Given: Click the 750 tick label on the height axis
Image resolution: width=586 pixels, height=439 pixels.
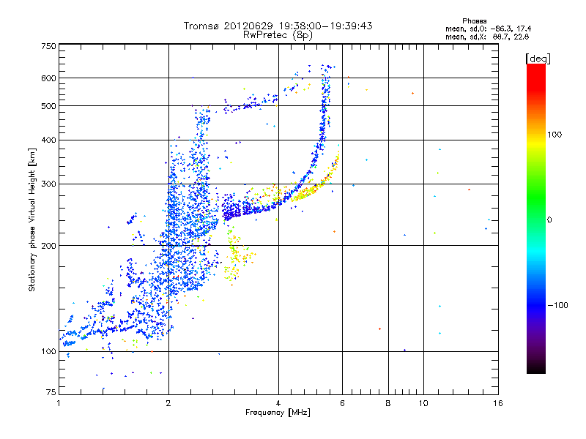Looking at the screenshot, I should click(x=48, y=46).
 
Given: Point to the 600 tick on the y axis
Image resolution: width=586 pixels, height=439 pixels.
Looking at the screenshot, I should click(x=48, y=78).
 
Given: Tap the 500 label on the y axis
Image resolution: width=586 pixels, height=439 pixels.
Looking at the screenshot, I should click(x=48, y=106).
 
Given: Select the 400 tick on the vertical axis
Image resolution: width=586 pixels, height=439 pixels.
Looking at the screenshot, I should click(x=48, y=140).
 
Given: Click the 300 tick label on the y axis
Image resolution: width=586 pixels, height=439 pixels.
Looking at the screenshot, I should click(x=48, y=184).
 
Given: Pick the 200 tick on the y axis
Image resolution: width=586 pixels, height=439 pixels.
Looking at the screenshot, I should click(x=48, y=245).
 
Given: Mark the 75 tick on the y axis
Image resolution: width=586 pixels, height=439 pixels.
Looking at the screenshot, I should click(x=51, y=392).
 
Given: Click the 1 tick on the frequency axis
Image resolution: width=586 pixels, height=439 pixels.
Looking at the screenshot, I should click(x=59, y=402).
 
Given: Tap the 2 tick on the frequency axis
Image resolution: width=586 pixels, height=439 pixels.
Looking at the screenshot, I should click(x=168, y=402).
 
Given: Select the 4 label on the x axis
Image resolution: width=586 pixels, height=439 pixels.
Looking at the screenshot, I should click(x=278, y=402).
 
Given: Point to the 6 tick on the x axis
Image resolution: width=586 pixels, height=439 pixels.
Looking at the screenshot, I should click(x=342, y=402).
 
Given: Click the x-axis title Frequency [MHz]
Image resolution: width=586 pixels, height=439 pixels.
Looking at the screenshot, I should click(x=278, y=413).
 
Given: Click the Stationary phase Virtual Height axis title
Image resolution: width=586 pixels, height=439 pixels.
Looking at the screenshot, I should click(x=32, y=219).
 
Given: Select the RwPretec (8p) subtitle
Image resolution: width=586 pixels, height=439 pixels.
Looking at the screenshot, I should click(x=278, y=34).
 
